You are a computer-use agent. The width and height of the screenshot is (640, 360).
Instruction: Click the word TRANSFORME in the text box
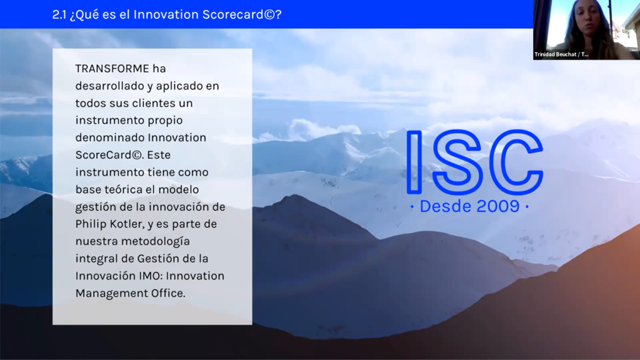(x=112, y=69)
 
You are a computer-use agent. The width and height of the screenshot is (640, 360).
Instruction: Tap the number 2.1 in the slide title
(x=59, y=15)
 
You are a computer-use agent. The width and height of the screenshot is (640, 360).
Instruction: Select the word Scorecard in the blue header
(x=233, y=15)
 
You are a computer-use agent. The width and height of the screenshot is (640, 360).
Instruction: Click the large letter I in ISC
(x=414, y=162)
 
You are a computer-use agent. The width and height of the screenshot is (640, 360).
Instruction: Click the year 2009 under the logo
(x=498, y=206)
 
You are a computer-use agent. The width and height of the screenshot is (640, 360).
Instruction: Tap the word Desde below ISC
(x=446, y=206)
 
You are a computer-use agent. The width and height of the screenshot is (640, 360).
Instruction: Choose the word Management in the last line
(x=111, y=294)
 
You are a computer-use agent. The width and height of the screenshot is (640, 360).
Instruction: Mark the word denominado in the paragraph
(x=110, y=138)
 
